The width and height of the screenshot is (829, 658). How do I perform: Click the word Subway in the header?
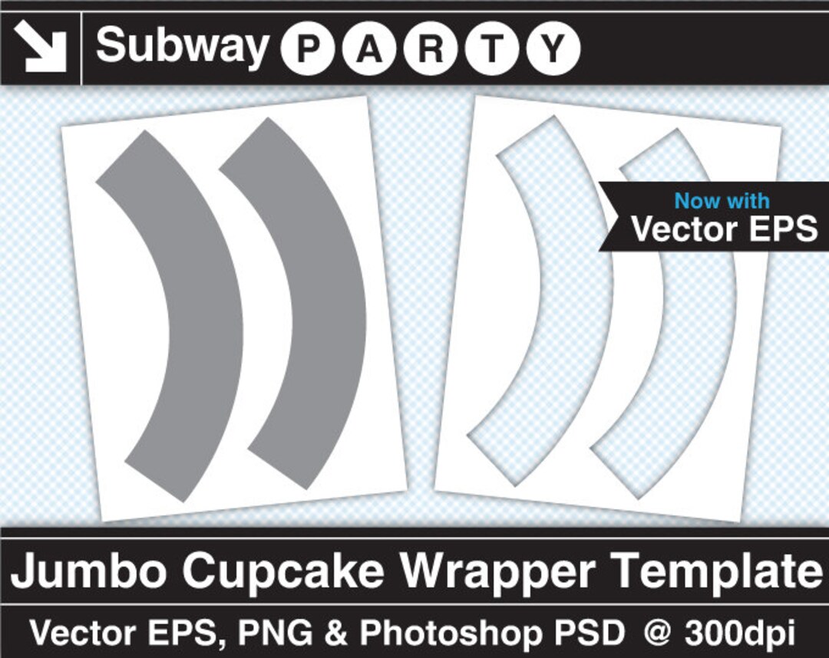point(183,46)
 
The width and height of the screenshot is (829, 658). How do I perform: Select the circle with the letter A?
point(371,49)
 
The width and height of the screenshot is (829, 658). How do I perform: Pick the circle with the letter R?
point(431,49)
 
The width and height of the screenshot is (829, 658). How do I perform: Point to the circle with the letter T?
point(492,49)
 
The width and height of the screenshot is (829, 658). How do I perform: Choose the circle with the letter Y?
point(553,49)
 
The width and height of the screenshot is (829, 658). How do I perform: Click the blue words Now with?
point(721,202)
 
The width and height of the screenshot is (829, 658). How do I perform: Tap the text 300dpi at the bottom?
point(741,634)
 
